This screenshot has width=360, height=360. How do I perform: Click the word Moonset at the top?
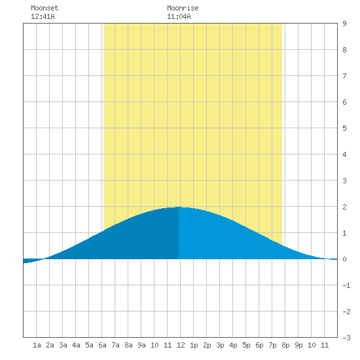point(45,8)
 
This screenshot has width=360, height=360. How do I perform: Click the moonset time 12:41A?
point(43,16)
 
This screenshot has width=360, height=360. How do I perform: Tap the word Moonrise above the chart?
point(183,8)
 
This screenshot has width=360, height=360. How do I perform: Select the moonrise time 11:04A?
point(179,16)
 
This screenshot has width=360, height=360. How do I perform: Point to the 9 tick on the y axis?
point(344,24)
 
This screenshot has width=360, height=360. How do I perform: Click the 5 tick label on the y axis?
point(344,128)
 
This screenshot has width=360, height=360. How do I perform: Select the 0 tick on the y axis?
point(344,259)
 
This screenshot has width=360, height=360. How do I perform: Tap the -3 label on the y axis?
point(346,338)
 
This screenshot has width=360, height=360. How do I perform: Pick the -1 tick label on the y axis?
point(346,285)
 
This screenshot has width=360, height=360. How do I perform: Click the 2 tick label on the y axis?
point(344,207)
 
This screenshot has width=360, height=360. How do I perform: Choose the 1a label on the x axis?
point(37,345)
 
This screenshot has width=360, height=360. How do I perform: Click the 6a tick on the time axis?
point(102,345)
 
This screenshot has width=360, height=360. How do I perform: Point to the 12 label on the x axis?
point(181,345)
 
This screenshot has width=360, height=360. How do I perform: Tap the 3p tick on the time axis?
point(220,345)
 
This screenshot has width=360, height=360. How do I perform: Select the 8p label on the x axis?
point(285,345)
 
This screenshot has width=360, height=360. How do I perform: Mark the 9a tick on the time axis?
point(141,345)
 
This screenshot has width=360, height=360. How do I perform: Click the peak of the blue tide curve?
point(179,207)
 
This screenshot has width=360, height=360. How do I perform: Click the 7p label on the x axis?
point(272,345)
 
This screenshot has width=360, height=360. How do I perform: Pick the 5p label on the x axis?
point(246,345)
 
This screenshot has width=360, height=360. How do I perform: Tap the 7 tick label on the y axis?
point(344,76)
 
